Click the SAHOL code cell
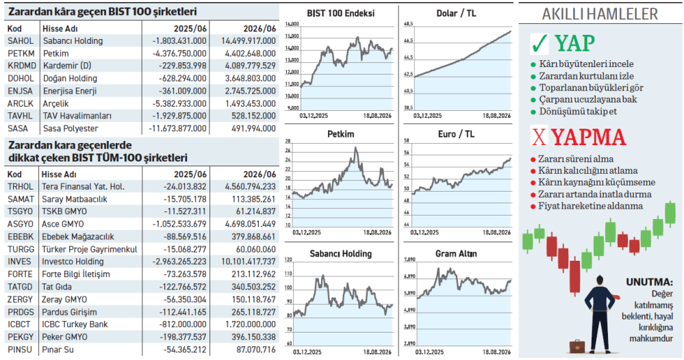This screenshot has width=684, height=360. coord(21,41)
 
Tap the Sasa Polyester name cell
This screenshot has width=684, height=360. coord(71,129)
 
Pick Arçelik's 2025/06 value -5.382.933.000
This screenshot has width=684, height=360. coord(177,104)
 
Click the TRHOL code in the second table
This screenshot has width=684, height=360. coord(21,187)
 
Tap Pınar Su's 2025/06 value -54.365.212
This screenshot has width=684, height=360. coord(185,350)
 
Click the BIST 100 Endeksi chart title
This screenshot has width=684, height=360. coord(341,14)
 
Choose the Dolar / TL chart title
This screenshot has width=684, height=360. coord(456,14)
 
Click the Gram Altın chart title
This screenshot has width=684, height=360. coord(456,254)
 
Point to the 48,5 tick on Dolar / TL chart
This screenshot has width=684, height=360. coord(408,24)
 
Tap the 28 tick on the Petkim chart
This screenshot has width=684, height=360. coord(288,141)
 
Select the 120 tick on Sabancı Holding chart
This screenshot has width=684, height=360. coord(288,260)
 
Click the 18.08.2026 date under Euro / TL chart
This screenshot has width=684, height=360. coord(496,232)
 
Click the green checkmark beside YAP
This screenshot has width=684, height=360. coord(539,43)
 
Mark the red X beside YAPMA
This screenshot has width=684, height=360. coord(539,136)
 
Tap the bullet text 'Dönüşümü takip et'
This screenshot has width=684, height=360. coord(578,112)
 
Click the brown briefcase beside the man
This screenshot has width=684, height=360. coord(577,346)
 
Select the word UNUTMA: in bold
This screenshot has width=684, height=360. coord(649,282)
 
